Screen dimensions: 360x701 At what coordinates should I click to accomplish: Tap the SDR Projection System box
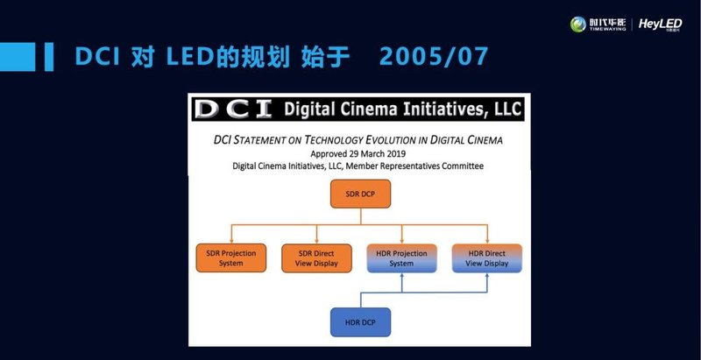[x=231, y=258]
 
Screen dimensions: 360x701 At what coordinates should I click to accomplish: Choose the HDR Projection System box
[x=401, y=258]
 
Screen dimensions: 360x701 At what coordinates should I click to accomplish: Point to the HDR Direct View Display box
[x=486, y=258]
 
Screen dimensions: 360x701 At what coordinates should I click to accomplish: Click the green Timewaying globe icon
[x=578, y=25]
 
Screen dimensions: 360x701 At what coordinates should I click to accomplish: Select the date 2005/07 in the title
[x=434, y=56]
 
